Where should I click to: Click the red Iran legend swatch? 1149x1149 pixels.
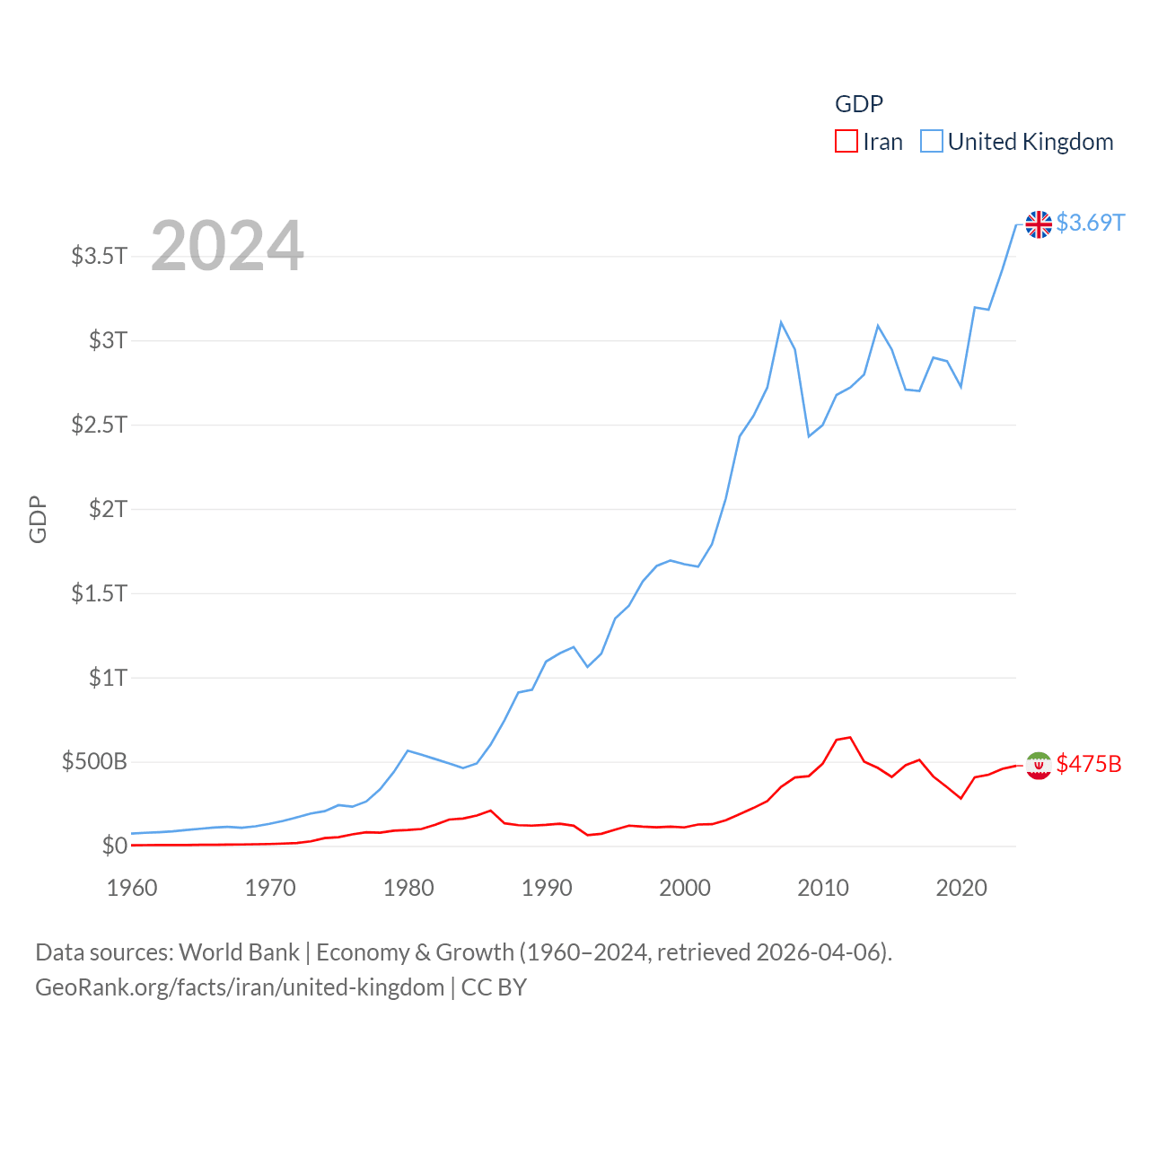[846, 142]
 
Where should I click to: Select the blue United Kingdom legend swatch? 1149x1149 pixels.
[932, 142]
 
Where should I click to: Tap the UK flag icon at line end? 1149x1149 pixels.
[1039, 224]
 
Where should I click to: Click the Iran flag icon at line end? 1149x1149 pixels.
[1039, 766]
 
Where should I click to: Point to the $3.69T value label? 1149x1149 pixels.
[1090, 223]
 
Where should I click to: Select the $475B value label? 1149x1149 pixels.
[1089, 764]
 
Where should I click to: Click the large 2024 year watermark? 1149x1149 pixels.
[227, 246]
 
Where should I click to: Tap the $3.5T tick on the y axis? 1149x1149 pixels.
[99, 256]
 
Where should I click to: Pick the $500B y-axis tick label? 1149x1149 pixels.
[94, 762]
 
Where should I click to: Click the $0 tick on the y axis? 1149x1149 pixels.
[114, 846]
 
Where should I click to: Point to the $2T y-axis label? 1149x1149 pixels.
[108, 509]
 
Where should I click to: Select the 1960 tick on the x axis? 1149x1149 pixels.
[132, 888]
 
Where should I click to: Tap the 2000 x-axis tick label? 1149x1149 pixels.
[685, 888]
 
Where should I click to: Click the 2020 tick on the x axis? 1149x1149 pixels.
[961, 888]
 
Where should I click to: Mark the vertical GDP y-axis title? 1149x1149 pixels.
[38, 519]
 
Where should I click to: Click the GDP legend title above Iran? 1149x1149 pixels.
[859, 104]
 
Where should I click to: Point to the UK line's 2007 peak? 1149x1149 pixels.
[781, 322]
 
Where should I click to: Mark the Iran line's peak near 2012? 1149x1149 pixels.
[849, 738]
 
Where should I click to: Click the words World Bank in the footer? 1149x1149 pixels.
[239, 952]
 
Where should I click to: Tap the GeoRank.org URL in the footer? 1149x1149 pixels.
[241, 987]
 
